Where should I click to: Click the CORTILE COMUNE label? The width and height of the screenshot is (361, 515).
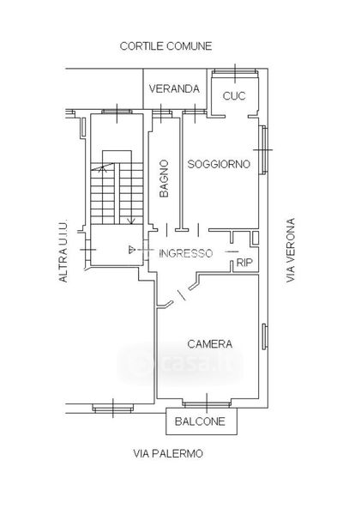point(165,46)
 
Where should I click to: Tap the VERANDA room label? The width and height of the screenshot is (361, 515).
point(174,88)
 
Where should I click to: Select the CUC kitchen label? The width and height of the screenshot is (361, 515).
point(234,96)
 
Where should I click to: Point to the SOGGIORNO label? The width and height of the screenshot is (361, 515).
point(219,164)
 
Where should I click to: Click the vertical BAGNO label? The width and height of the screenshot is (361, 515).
point(164,179)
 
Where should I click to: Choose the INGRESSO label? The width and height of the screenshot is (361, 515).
point(186,253)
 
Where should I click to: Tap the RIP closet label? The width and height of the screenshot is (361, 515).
point(244,263)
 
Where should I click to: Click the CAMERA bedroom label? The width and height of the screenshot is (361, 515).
point(210,344)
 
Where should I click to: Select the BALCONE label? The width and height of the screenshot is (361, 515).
point(200,421)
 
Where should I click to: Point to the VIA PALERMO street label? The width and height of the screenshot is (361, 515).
point(168,453)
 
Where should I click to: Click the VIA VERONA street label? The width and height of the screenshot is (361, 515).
point(291,251)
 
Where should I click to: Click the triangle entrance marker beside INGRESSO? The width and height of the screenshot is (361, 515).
point(132,250)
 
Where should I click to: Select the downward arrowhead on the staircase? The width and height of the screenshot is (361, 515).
point(131,221)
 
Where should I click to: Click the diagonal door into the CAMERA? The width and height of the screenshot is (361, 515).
point(181,295)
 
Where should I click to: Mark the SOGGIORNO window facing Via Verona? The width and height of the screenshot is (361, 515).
point(263,149)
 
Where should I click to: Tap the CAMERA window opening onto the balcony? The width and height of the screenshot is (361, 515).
point(207,403)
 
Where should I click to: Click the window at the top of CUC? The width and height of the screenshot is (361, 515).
point(235,72)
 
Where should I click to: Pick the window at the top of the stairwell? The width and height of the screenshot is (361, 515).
point(117,112)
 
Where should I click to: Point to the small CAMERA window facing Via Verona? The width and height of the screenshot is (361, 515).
point(264,336)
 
